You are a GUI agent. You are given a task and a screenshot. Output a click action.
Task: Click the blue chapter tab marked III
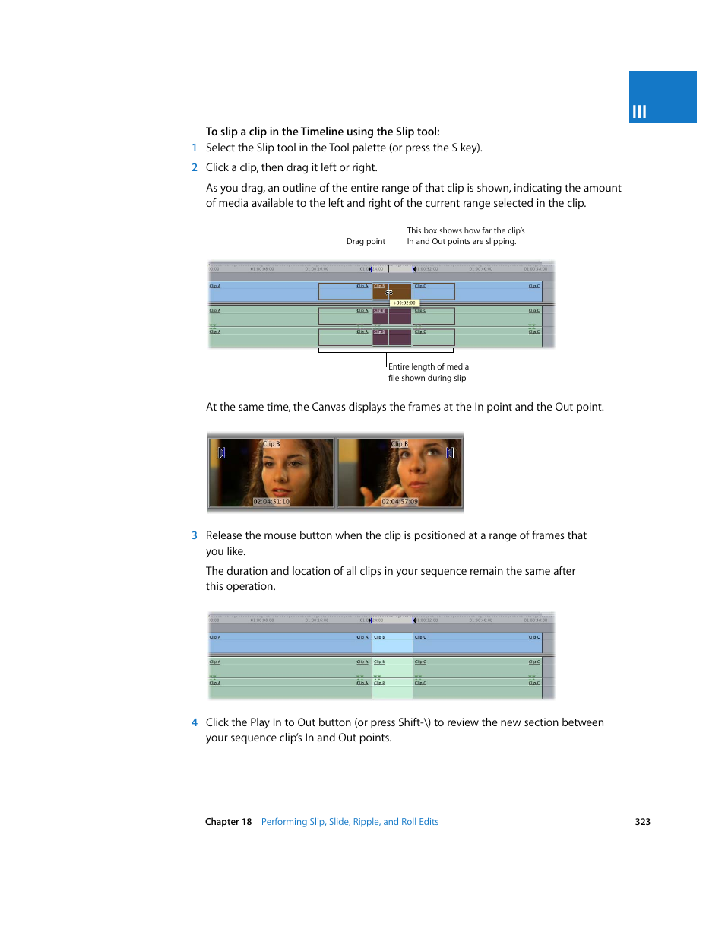[x=662, y=97]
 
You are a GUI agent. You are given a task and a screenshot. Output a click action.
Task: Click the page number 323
[x=642, y=822]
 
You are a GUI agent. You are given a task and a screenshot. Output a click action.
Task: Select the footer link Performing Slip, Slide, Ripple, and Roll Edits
[x=350, y=822]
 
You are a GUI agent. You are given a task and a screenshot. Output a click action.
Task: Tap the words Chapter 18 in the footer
[x=228, y=822]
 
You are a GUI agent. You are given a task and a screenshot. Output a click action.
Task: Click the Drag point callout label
[x=366, y=242]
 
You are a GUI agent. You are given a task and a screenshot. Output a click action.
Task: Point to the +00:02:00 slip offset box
[x=404, y=303]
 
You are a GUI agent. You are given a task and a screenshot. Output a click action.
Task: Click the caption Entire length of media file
[x=428, y=373]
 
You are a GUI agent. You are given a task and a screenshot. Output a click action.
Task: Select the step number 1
[x=195, y=148]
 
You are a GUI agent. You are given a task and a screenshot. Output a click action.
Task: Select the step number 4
[x=195, y=723]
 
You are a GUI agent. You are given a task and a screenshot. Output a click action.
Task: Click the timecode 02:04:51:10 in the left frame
[x=271, y=502]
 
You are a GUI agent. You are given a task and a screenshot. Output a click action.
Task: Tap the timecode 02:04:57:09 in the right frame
[x=400, y=502]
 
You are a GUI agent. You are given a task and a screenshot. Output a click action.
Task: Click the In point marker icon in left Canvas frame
[x=222, y=453]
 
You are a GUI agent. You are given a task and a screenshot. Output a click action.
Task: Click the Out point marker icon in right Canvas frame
[x=449, y=453]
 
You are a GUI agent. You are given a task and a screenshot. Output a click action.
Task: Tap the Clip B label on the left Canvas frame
[x=271, y=444]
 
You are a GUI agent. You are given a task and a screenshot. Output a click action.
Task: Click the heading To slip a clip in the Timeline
[x=322, y=132]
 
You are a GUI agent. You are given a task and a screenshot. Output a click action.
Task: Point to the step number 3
[x=195, y=536]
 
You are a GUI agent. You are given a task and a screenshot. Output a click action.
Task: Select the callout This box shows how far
[x=465, y=236]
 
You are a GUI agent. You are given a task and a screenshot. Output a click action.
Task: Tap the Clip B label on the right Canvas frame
[x=400, y=444]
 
